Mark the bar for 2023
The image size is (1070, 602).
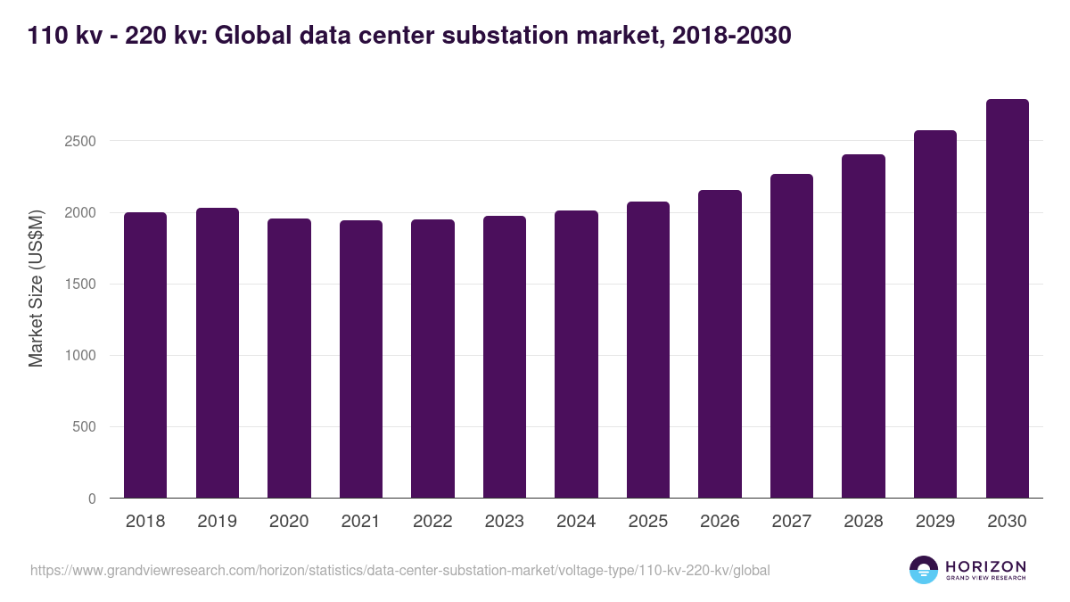click(x=505, y=357)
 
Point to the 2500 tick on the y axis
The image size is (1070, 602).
click(x=79, y=141)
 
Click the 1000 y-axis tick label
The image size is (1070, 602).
click(x=79, y=356)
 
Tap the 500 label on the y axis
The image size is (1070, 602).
click(x=84, y=427)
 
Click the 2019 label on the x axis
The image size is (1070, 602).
click(x=218, y=522)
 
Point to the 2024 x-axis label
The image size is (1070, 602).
click(x=576, y=522)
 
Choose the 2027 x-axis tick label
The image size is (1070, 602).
click(x=792, y=522)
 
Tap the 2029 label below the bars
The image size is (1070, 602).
click(x=935, y=522)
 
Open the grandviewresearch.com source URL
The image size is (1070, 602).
click(x=399, y=570)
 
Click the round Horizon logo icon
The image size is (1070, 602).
click(x=923, y=570)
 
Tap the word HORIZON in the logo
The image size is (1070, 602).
click(x=985, y=565)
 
